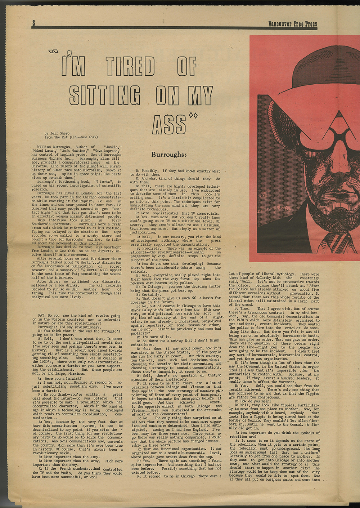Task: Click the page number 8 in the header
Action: tap(33, 23)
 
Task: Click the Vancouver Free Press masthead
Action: tap(292, 24)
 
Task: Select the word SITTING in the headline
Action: tap(105, 95)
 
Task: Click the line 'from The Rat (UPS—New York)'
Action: tap(71, 137)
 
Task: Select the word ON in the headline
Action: tap(167, 95)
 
